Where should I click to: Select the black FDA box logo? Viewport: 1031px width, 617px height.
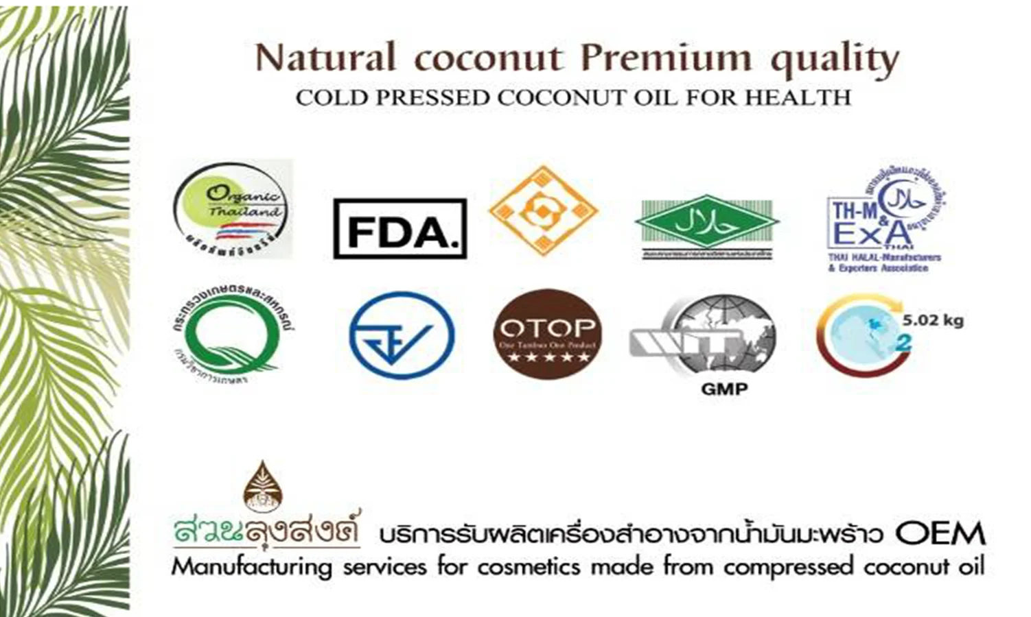(x=399, y=229)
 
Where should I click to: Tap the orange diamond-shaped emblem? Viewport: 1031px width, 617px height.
(x=544, y=210)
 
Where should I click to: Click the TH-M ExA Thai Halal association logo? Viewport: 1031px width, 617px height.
(x=885, y=219)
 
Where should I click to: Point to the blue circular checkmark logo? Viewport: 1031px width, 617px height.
(x=402, y=336)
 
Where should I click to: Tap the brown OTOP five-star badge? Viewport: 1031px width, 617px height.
(x=547, y=334)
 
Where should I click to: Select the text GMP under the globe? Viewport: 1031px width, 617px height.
(x=724, y=389)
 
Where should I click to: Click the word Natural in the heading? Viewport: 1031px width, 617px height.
(x=325, y=59)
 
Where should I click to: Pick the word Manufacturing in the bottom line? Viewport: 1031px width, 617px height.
(x=251, y=568)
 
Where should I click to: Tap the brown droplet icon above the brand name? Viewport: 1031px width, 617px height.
(x=263, y=486)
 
